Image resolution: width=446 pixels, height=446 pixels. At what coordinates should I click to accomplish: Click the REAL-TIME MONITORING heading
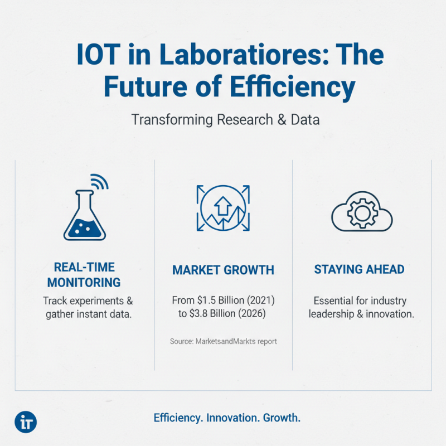(x=84, y=274)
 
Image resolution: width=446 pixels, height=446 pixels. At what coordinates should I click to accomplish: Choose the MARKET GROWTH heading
(x=223, y=270)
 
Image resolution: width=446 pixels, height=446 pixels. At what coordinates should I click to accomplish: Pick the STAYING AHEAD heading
(x=359, y=270)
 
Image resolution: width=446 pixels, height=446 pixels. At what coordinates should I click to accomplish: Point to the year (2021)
(x=261, y=300)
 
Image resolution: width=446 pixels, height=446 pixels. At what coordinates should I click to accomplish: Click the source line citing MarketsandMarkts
(x=223, y=341)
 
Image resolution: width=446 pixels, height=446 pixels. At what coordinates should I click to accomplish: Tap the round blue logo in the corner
(x=26, y=421)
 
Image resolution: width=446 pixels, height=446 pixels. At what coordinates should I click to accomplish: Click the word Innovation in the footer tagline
(x=232, y=418)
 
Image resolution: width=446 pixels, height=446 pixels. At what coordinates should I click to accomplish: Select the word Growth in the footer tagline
(x=282, y=418)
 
